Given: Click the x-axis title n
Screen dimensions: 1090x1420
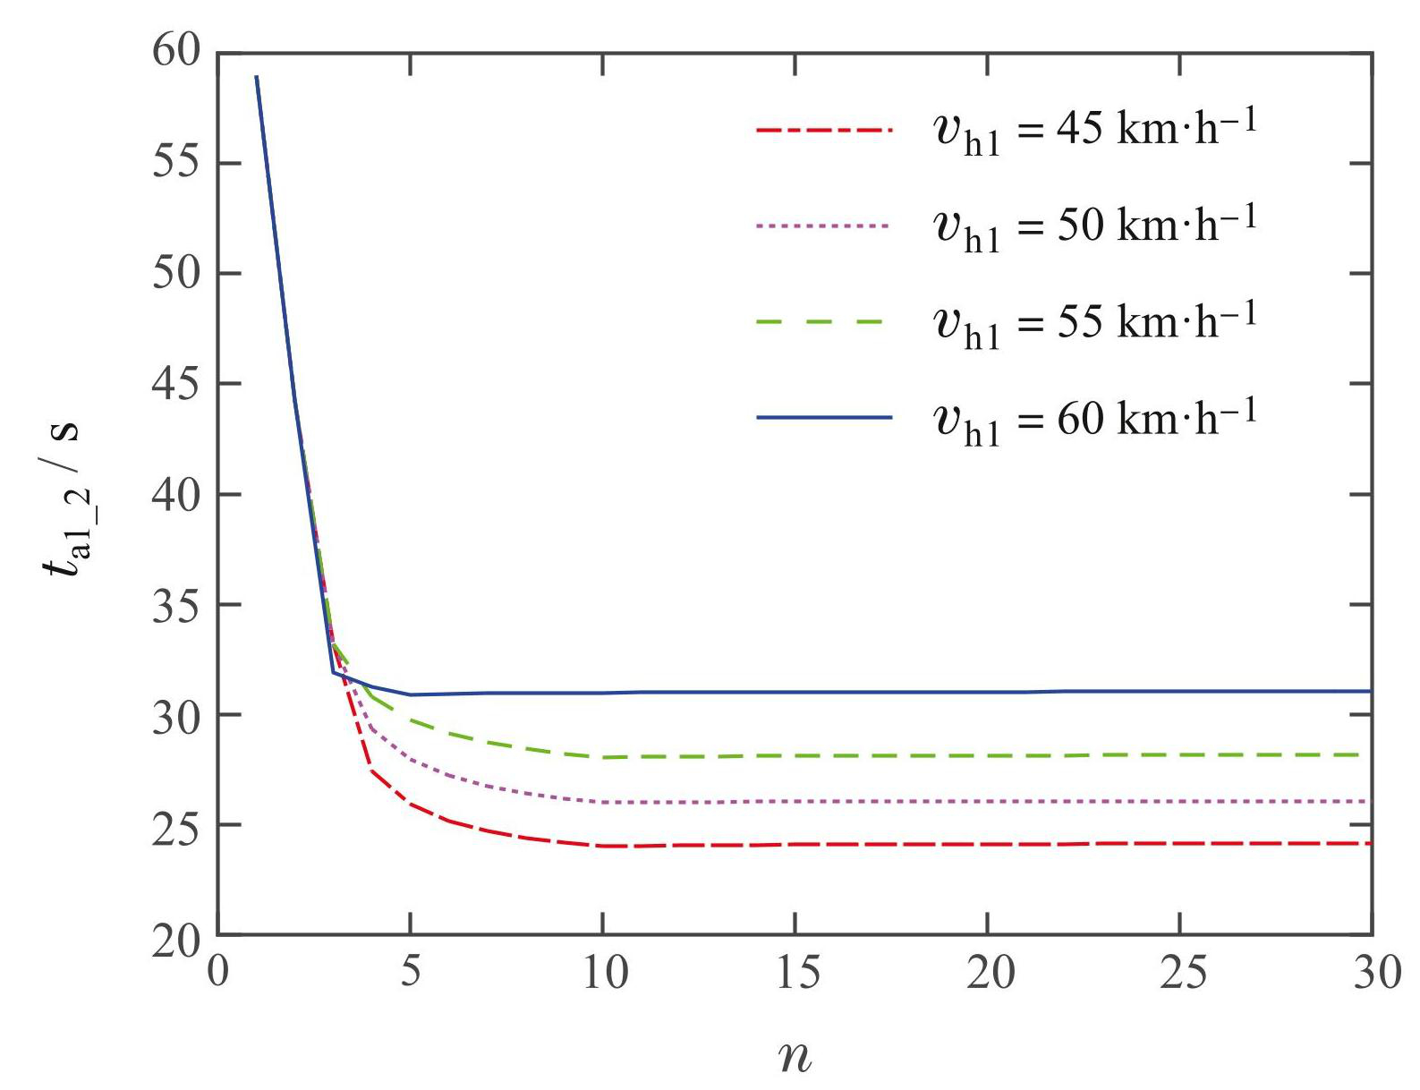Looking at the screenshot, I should pyautogui.click(x=795, y=1056).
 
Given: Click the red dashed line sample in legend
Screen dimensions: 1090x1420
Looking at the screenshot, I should pyautogui.click(x=824, y=131).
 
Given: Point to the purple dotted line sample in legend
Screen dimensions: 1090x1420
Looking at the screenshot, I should pyautogui.click(x=824, y=226).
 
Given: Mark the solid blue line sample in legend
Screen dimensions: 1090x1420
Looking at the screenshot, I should pyautogui.click(x=824, y=417).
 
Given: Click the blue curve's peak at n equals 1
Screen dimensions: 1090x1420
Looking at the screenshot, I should pyautogui.click(x=257, y=77).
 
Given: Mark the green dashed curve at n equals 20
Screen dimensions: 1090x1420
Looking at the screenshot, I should pyautogui.click(x=988, y=756).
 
